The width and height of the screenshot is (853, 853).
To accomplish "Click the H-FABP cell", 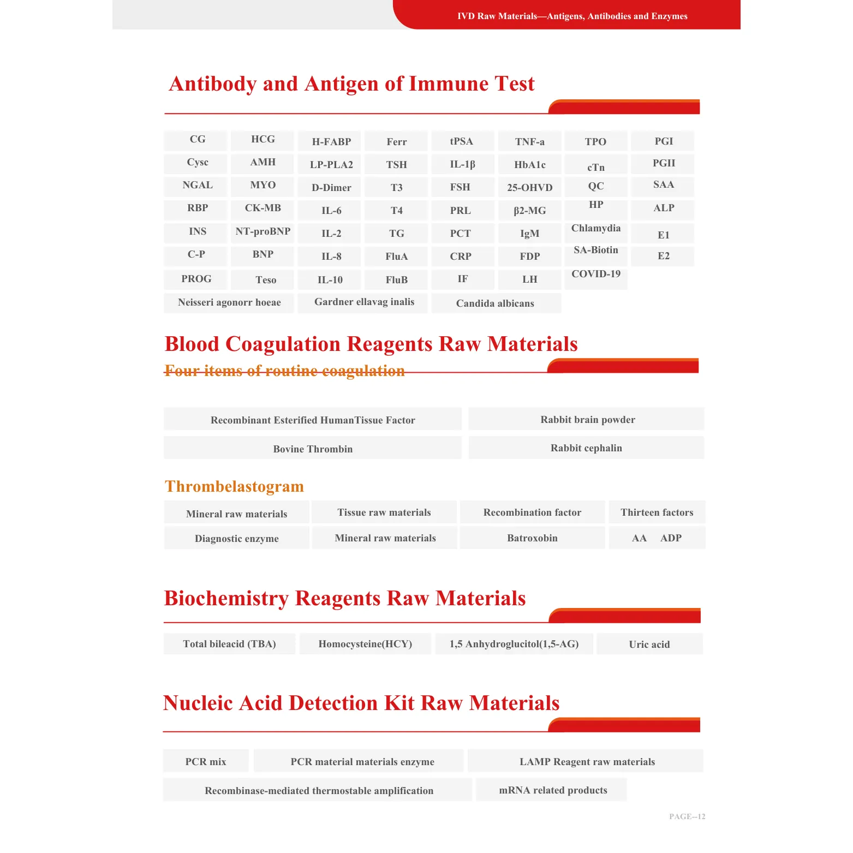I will [331, 142].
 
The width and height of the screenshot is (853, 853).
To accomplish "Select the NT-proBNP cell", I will [263, 231].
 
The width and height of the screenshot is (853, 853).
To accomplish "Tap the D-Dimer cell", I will [331, 188].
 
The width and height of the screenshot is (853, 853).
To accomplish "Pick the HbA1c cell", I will [529, 165].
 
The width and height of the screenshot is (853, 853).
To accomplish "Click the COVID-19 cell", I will [595, 274].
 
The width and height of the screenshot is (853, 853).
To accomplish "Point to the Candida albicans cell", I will [495, 303].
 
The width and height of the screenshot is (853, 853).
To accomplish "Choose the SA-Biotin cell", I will [595, 250].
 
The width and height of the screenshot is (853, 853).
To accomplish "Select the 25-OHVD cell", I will [529, 188].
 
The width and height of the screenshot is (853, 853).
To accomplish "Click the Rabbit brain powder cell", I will [587, 420].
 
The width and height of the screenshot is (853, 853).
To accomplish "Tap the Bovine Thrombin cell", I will [313, 449].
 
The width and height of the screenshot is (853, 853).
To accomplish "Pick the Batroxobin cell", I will [532, 538].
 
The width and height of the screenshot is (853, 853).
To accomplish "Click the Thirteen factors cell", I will [657, 512].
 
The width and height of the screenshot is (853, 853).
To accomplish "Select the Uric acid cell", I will [649, 645].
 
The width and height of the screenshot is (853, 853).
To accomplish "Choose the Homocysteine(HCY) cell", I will [365, 644].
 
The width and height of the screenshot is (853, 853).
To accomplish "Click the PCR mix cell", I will [206, 762].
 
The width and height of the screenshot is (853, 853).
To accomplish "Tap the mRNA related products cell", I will [552, 790].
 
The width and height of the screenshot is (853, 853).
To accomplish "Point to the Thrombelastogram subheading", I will [234, 486].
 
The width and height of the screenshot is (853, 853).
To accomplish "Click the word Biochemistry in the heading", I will [226, 599].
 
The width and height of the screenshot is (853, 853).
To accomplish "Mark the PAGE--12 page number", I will [687, 816].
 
